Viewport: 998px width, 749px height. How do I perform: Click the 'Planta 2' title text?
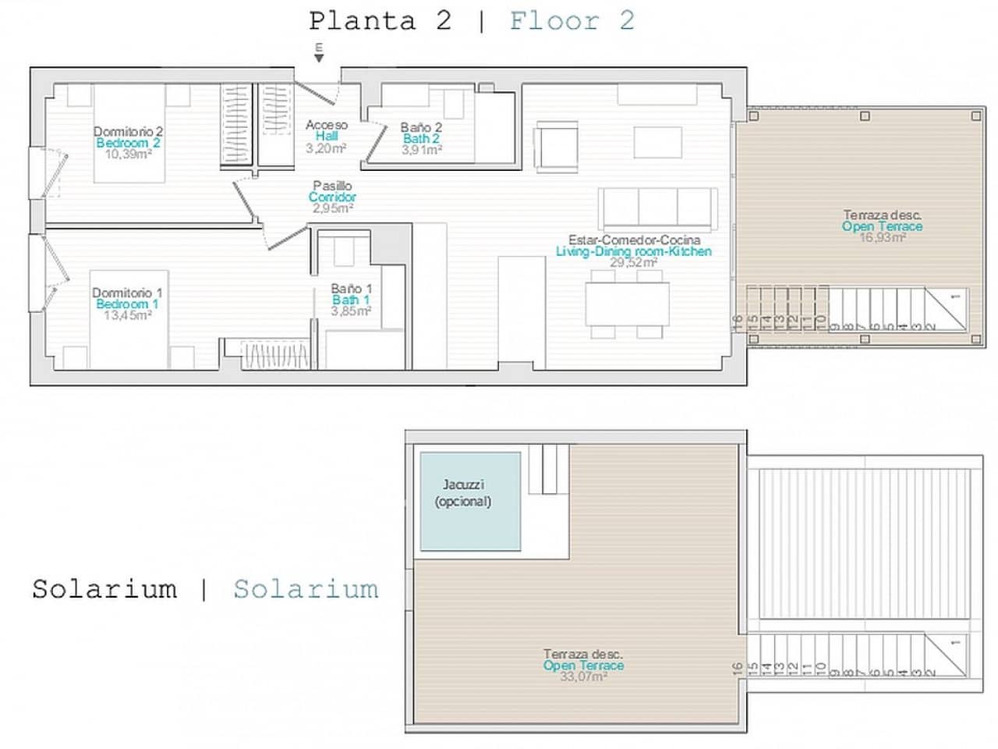pyautogui.click(x=380, y=21)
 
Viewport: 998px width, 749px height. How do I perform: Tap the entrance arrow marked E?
pyautogui.click(x=318, y=54)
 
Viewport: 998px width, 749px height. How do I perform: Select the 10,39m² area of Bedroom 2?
pyautogui.click(x=128, y=154)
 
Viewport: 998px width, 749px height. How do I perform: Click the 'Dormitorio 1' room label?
pyautogui.click(x=127, y=293)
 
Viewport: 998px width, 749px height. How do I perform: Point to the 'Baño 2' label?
pyautogui.click(x=421, y=127)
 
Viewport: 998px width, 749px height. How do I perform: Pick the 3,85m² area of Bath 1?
pyautogui.click(x=351, y=311)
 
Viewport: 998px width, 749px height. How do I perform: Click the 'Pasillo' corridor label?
pyautogui.click(x=332, y=186)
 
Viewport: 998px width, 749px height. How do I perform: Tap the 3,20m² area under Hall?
pyautogui.click(x=326, y=148)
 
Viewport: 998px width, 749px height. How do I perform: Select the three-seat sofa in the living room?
pyautogui.click(x=657, y=208)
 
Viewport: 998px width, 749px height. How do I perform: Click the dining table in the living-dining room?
pyautogui.click(x=627, y=304)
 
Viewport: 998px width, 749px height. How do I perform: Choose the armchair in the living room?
pyautogui.click(x=557, y=145)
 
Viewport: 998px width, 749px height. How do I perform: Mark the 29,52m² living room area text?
pyautogui.click(x=632, y=263)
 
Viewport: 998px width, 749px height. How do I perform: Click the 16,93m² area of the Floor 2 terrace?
pyautogui.click(x=882, y=237)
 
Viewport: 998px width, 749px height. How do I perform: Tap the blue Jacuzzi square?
pyautogui.click(x=470, y=502)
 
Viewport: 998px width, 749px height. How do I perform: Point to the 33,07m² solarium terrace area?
pyautogui.click(x=583, y=677)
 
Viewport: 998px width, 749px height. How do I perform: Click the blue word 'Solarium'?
pyautogui.click(x=306, y=589)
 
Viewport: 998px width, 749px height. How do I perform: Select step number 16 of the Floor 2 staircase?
pyautogui.click(x=738, y=320)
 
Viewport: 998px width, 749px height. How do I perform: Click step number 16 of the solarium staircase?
pyautogui.click(x=738, y=669)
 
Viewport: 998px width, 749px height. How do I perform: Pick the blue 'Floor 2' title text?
pyautogui.click(x=572, y=21)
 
